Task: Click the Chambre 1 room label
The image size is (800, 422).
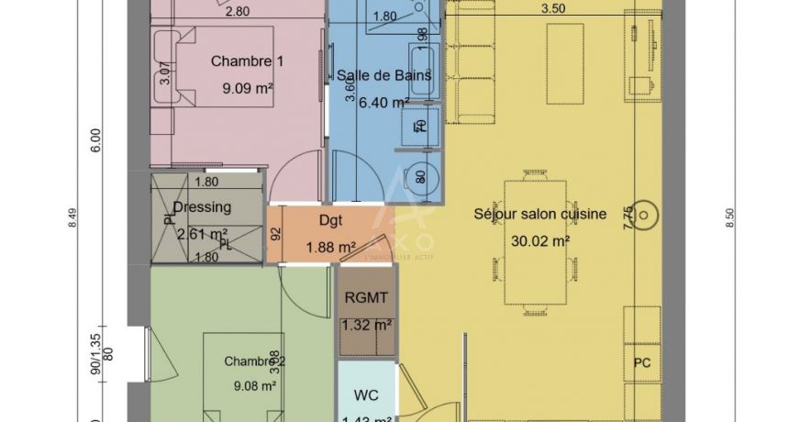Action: click(x=248, y=61)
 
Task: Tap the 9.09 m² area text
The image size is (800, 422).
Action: click(x=248, y=89)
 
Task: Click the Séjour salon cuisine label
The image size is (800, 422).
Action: click(x=539, y=214)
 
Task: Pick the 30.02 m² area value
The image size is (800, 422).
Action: click(x=540, y=241)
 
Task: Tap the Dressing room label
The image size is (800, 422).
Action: click(x=201, y=206)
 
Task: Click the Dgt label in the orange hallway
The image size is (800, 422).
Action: click(x=330, y=220)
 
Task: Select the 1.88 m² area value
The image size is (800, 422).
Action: click(x=330, y=247)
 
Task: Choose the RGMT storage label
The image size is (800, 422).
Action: click(x=366, y=296)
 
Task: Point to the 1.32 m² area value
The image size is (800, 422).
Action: click(x=366, y=324)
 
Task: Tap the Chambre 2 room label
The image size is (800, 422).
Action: click(x=254, y=361)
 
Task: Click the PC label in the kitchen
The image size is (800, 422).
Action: click(x=641, y=362)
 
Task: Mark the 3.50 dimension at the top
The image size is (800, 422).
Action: click(x=552, y=8)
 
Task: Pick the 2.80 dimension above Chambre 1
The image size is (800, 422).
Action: click(x=237, y=12)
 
